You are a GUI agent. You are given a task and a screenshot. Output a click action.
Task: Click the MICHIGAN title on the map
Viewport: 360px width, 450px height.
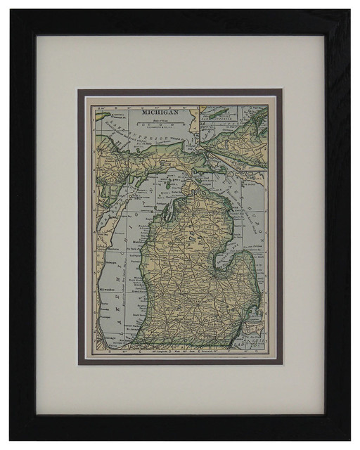tap(160, 111)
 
